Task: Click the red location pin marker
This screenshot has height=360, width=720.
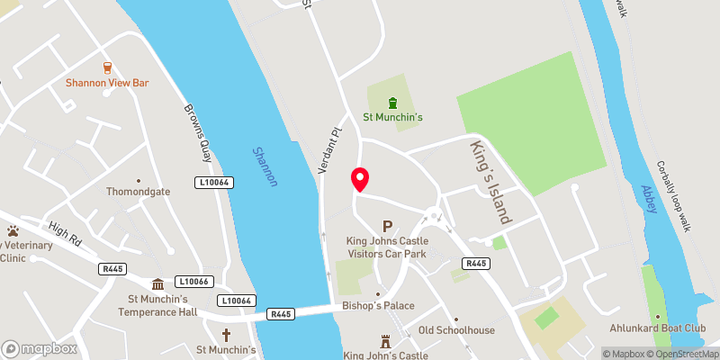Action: tap(360, 179)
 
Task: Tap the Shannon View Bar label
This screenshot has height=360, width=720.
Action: tap(106, 83)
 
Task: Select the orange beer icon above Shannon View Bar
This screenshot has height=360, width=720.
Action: tap(107, 67)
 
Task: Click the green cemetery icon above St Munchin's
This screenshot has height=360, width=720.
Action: tap(392, 102)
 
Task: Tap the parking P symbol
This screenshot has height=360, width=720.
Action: tap(388, 227)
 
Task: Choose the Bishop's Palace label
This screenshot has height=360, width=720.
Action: tap(378, 306)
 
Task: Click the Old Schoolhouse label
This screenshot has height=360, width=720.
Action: tap(456, 330)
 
